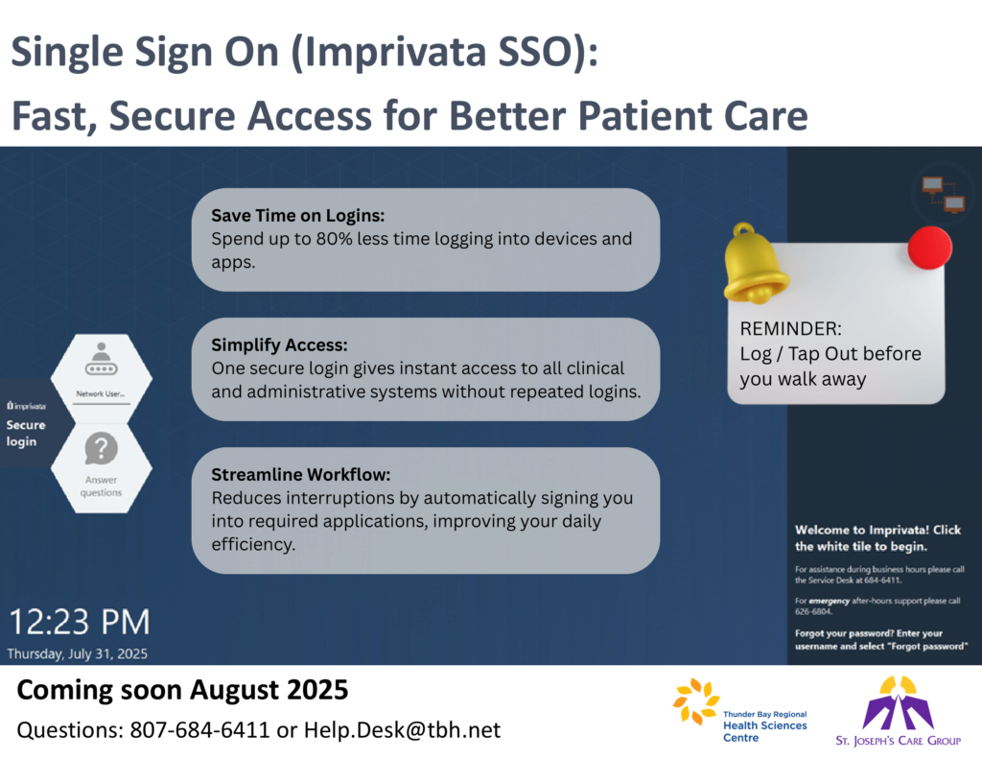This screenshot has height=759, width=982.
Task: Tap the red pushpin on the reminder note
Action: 930,248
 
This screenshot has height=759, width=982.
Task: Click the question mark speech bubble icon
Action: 101,448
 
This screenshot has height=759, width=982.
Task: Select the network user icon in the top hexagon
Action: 101,360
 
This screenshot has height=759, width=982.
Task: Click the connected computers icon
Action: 944,194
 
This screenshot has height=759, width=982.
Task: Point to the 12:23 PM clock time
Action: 80,622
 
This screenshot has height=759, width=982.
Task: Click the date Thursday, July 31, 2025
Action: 78,653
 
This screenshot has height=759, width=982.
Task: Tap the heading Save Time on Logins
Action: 298,216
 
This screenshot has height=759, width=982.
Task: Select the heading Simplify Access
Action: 279,345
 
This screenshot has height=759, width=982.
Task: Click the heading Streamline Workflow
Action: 301,474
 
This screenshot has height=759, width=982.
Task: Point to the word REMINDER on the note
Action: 791,328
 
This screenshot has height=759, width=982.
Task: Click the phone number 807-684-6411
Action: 199,730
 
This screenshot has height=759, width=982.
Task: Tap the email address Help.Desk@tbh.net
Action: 402,730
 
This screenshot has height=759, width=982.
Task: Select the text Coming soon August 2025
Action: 182,690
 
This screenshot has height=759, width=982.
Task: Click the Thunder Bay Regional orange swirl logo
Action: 696,701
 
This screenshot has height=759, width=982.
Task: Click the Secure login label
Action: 26,433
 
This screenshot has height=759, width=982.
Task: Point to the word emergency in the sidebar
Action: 829,601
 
